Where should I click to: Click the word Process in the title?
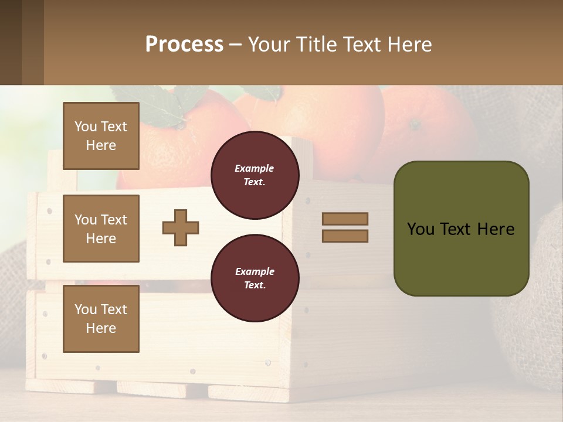(184, 45)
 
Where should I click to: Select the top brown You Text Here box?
(101, 136)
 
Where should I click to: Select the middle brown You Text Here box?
(101, 229)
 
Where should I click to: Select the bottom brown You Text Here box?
(101, 319)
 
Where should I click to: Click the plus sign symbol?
(181, 227)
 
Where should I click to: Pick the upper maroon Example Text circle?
(255, 175)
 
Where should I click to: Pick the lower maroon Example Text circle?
(255, 278)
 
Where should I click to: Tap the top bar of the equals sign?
(345, 219)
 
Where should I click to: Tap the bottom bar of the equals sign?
(345, 236)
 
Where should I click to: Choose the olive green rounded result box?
(461, 229)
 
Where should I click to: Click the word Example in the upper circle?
(255, 168)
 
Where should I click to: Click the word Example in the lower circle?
(255, 271)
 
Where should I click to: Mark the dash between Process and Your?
(236, 45)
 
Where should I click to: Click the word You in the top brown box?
(86, 127)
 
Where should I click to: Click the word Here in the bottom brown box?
(101, 328)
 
